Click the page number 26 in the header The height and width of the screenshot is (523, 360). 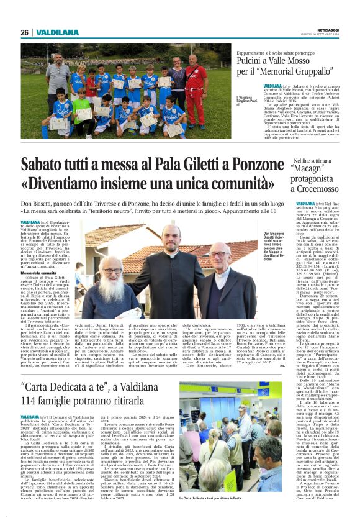25,32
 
